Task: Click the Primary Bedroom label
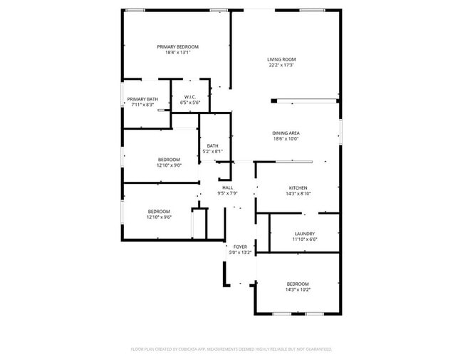(x=177, y=46)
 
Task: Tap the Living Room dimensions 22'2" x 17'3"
(x=281, y=66)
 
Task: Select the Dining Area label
(x=286, y=133)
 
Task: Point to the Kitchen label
(x=298, y=187)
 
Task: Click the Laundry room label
(x=305, y=233)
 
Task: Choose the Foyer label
(x=239, y=247)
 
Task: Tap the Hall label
(x=227, y=187)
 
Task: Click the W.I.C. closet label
(x=190, y=97)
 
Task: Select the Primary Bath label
(x=142, y=99)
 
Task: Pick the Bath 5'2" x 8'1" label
(x=213, y=146)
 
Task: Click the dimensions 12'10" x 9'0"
(x=169, y=165)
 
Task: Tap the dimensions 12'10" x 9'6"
(x=159, y=217)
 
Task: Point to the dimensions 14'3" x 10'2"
(x=298, y=289)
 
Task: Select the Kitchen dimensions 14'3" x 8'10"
(x=298, y=193)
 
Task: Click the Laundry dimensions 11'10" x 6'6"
(x=305, y=240)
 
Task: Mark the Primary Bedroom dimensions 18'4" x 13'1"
(x=177, y=53)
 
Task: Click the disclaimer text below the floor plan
(x=231, y=349)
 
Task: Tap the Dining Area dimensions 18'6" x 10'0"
(x=286, y=139)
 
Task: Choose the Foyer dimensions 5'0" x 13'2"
(x=239, y=252)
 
